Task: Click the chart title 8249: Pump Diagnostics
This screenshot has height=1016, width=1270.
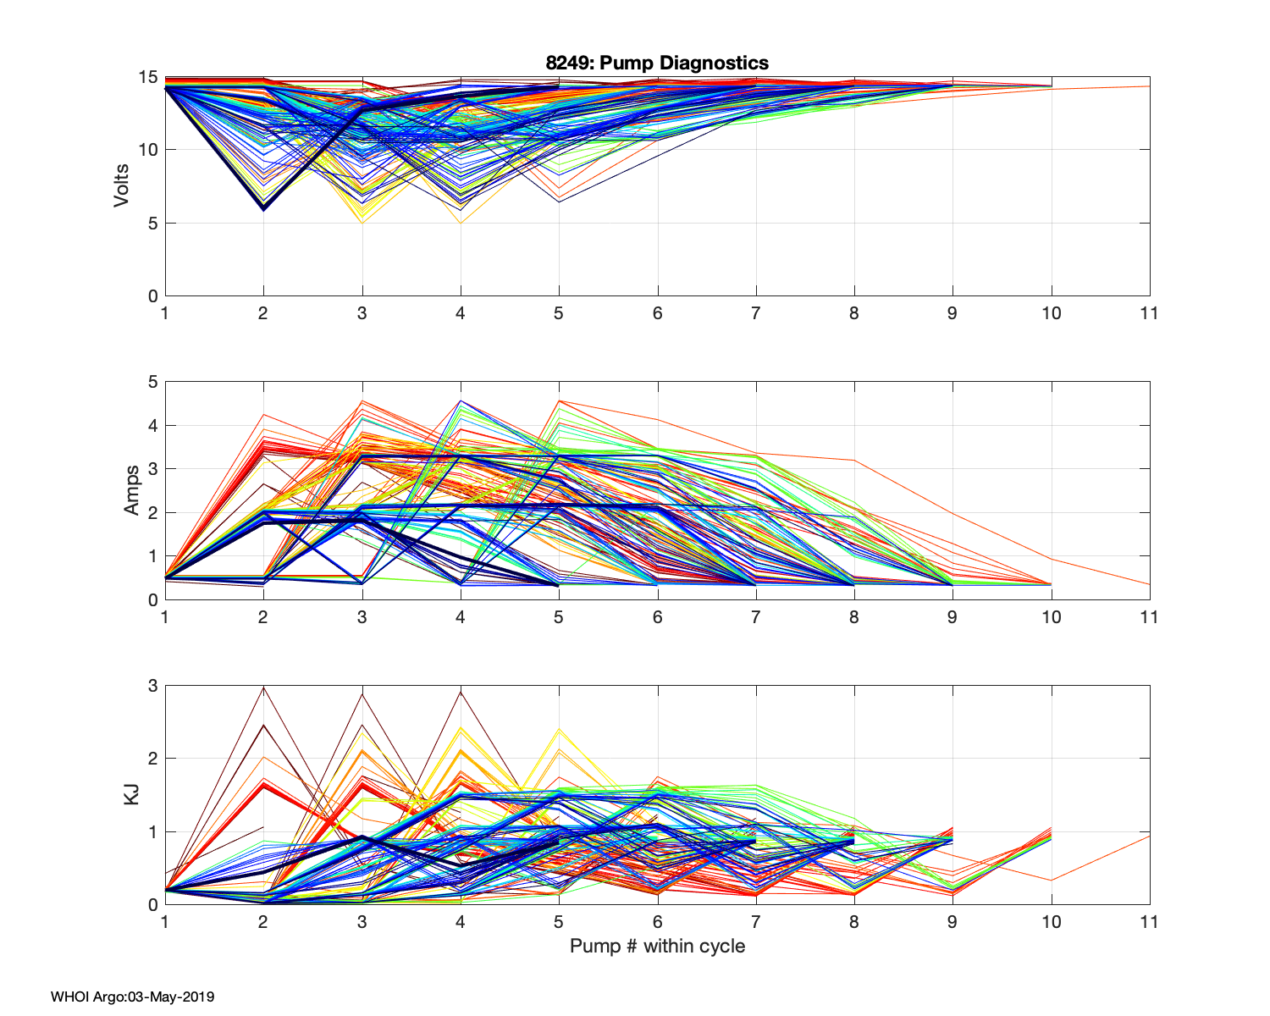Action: (x=657, y=63)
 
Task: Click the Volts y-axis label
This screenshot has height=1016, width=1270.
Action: (x=122, y=186)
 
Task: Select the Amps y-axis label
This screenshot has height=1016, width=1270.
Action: (x=132, y=490)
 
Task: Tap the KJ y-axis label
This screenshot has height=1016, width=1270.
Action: (x=132, y=794)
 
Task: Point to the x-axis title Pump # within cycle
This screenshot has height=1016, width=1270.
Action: (x=657, y=946)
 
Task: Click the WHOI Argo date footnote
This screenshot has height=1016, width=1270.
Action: (x=132, y=997)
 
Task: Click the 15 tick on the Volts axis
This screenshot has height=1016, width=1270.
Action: (x=148, y=77)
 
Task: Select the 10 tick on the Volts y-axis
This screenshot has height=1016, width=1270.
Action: (x=148, y=150)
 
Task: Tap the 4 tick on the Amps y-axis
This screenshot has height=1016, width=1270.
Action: (x=153, y=425)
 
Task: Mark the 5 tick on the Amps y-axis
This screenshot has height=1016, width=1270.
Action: (x=153, y=382)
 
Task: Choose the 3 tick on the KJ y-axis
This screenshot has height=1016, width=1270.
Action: (x=153, y=686)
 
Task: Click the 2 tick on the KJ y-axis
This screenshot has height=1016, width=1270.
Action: (x=153, y=759)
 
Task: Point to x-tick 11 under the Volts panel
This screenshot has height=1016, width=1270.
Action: (x=1149, y=313)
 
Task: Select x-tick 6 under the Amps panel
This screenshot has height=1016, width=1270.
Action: (x=657, y=617)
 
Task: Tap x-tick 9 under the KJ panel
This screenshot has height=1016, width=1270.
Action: (x=952, y=922)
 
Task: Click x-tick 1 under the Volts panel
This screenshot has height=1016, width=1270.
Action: (x=165, y=313)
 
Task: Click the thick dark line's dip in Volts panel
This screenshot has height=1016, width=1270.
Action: (x=263, y=208)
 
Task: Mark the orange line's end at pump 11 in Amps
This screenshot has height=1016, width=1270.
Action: (x=1149, y=584)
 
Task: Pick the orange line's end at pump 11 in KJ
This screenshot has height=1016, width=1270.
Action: (x=1149, y=836)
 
